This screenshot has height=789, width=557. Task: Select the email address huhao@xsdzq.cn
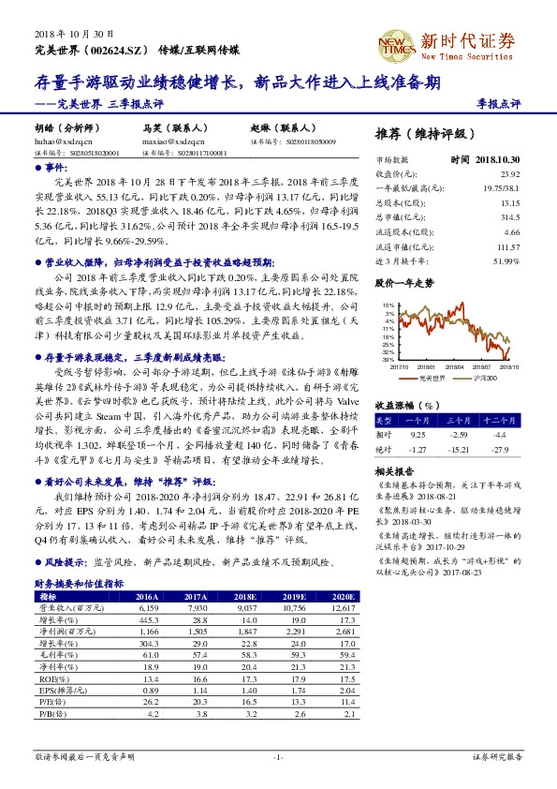pos(61,140)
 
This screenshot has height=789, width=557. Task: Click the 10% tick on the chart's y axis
pos(387,305)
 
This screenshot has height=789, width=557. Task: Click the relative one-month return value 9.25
pos(418,435)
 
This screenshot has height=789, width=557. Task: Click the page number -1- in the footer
pos(278,756)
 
